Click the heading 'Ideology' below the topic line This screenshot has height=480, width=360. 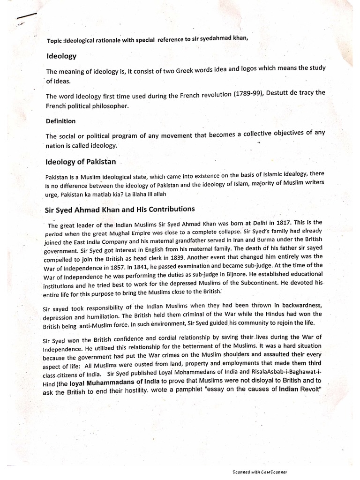61,56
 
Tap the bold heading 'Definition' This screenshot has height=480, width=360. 60,121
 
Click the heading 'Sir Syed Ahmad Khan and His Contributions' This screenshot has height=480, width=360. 120,209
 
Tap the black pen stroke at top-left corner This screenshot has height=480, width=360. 26,18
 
